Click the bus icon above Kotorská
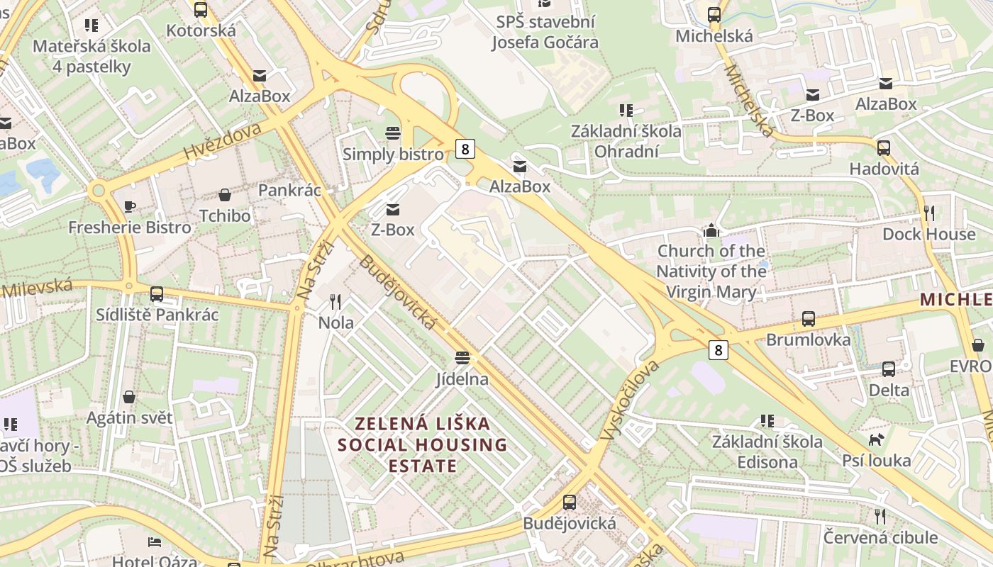201,10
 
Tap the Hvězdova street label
223,140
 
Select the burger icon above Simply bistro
392,133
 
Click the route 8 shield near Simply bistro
465,148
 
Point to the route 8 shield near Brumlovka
719,349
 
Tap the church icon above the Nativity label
711,230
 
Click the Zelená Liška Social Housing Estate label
423,444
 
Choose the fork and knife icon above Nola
335,302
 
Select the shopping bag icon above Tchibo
225,195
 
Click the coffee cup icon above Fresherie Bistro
130,206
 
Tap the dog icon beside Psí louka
877,439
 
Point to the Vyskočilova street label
629,400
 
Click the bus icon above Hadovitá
884,148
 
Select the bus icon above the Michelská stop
714,14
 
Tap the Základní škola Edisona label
767,451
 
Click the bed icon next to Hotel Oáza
155,542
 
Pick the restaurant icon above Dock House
929,213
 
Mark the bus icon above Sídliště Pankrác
157,293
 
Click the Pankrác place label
289,190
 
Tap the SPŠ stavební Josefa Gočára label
545,32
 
